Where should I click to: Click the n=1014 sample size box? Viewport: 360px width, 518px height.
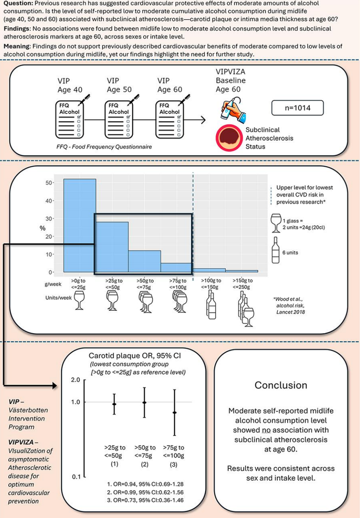pos(297,108)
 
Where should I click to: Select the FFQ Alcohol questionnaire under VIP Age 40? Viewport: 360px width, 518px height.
pos(70,119)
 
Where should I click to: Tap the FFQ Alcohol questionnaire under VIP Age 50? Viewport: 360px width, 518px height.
pos(119,119)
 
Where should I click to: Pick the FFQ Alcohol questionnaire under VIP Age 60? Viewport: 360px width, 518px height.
pos(170,119)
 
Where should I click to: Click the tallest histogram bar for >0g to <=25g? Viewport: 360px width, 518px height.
pos(80,226)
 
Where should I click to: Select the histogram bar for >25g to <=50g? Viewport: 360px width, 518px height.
pos(112,247)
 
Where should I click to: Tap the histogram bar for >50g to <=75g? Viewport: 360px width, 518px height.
pos(144,261)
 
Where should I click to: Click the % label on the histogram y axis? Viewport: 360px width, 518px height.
pos(43,228)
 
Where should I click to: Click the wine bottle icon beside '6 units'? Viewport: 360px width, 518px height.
pos(275,250)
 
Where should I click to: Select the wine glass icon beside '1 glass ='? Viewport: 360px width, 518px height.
pos(275,223)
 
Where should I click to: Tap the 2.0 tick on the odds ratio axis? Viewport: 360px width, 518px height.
pos(76,380)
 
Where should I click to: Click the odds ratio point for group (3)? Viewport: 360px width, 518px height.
pos(175,413)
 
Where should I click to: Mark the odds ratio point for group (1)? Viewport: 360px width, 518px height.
pos(114,404)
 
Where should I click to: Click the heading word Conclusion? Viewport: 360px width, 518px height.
pos(281,385)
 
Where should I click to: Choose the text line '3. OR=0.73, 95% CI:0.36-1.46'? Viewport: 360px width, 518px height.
pos(145,500)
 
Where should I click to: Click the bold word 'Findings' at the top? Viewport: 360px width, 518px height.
pos(16,29)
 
